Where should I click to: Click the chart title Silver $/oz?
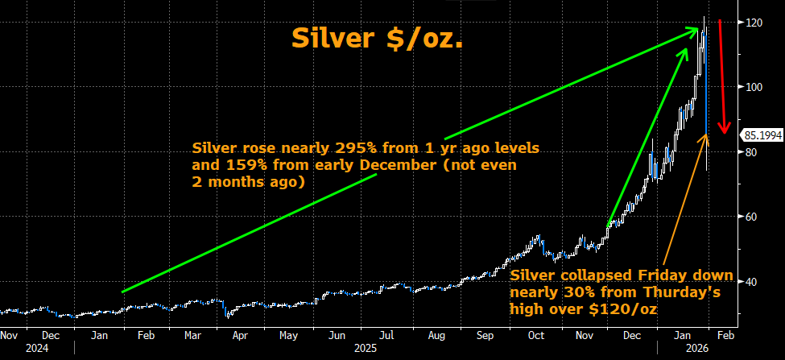pos(377,38)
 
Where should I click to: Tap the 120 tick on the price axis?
pos(754,23)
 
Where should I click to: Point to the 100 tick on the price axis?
pos(754,87)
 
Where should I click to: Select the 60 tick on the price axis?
pos(751,217)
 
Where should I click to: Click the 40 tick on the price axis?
pos(751,282)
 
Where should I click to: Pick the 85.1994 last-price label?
pos(762,135)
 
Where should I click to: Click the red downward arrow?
pos(722,77)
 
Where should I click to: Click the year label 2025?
pos(366,348)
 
